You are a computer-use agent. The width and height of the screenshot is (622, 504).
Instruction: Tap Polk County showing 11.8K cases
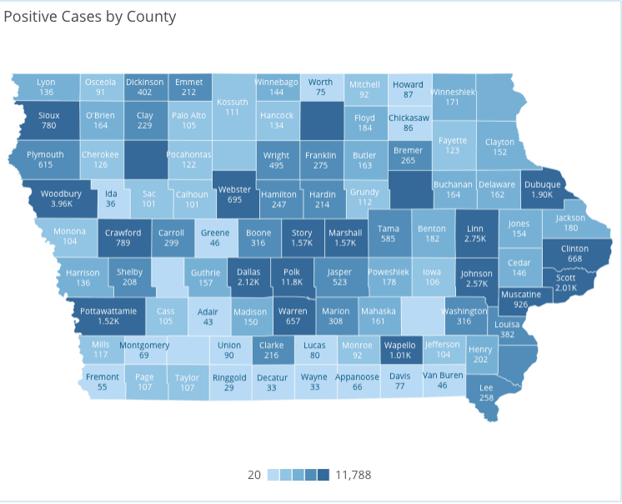tap(292, 277)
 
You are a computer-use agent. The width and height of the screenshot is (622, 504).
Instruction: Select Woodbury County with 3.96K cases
tap(62, 199)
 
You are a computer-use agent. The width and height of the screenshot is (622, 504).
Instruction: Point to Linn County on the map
tap(474, 233)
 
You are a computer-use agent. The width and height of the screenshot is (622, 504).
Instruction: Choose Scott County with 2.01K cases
tap(565, 283)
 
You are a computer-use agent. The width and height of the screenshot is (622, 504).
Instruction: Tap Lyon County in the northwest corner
tap(46, 83)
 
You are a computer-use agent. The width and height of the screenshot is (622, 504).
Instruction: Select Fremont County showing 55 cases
tap(102, 381)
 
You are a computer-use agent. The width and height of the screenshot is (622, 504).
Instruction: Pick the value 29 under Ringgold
tap(229, 388)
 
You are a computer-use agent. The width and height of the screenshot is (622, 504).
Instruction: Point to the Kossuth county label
tap(233, 103)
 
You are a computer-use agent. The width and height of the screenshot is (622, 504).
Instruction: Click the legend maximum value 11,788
tap(353, 475)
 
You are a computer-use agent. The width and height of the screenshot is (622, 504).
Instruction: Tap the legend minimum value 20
tap(254, 475)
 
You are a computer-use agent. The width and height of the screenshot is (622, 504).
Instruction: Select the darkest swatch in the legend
tap(324, 475)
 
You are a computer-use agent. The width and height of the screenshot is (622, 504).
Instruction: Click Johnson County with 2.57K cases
tap(477, 279)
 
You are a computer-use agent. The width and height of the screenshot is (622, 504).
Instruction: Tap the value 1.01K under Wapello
tap(399, 354)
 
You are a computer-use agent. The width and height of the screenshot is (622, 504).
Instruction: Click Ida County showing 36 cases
tap(111, 199)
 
